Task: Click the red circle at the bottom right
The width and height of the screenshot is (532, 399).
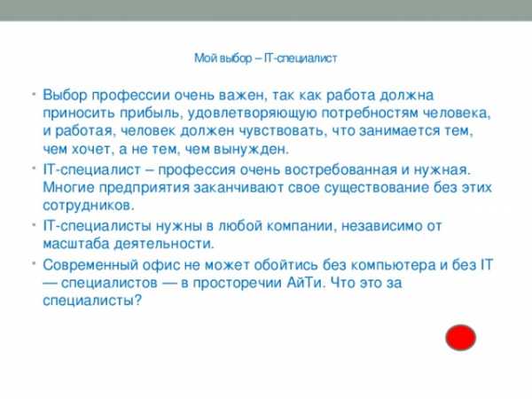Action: pos(460,338)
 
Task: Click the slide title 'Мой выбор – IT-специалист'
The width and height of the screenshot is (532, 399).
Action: pos(266,59)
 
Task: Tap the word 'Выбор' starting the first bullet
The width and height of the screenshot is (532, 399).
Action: pos(65,95)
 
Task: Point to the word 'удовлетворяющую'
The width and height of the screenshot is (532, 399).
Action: pos(253,113)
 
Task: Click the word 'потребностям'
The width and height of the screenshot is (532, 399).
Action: pos(370,113)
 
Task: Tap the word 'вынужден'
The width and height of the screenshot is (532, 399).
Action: pos(250,149)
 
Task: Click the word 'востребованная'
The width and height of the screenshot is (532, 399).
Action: pos(340,169)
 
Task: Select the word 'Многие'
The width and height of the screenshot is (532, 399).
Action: pos(68,187)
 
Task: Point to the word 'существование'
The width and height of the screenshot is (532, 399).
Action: pos(376,188)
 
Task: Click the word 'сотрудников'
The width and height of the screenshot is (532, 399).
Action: pos(89,206)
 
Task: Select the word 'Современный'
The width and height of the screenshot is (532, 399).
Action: pos(90,265)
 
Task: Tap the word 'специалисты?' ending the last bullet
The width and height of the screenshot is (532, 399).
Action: pos(91,301)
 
